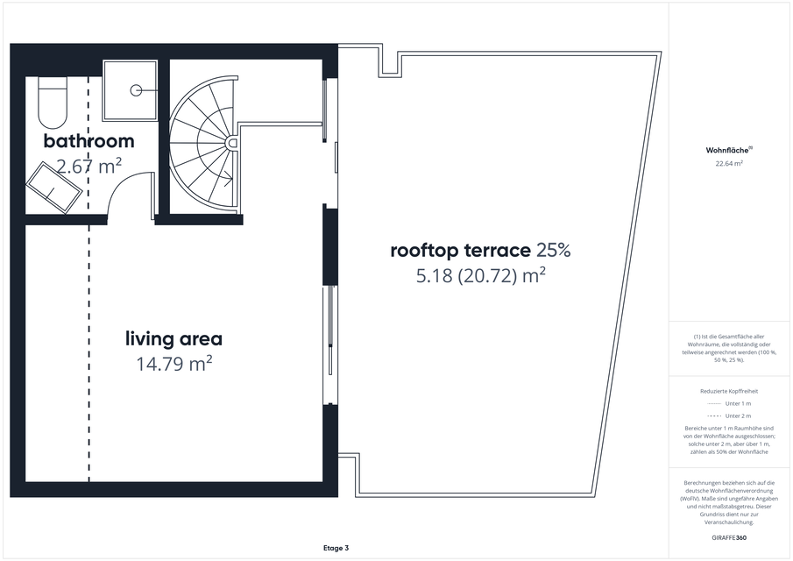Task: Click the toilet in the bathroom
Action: (52, 103)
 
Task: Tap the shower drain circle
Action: (136, 90)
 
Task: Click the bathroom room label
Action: (89, 140)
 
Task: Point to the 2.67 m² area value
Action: (89, 166)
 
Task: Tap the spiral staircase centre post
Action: (232, 143)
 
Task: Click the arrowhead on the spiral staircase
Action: (229, 178)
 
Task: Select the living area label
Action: (174, 338)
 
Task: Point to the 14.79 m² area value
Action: (174, 364)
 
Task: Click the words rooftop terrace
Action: (461, 251)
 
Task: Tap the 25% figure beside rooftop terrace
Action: (554, 251)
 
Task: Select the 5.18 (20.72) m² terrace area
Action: (480, 276)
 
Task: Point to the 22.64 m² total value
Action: (729, 163)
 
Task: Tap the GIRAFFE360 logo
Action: (729, 537)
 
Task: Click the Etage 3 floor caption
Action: (336, 548)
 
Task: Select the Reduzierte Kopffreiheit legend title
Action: (729, 391)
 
